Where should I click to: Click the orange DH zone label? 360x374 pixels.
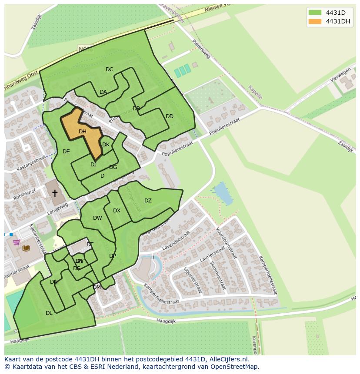click(83, 132)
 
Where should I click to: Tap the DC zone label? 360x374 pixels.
click(109, 70)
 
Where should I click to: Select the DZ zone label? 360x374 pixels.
click(148, 201)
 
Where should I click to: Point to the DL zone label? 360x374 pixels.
click(49, 313)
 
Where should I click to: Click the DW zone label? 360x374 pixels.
click(97, 218)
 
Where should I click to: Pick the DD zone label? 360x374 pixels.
click(170, 116)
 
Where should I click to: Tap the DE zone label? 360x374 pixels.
click(66, 152)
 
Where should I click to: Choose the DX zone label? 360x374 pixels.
click(117, 211)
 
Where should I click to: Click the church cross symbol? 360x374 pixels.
click(55, 193)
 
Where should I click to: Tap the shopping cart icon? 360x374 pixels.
click(17, 242)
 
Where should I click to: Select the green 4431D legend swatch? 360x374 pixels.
click(315, 12)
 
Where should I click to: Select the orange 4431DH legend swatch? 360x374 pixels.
click(315, 21)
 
